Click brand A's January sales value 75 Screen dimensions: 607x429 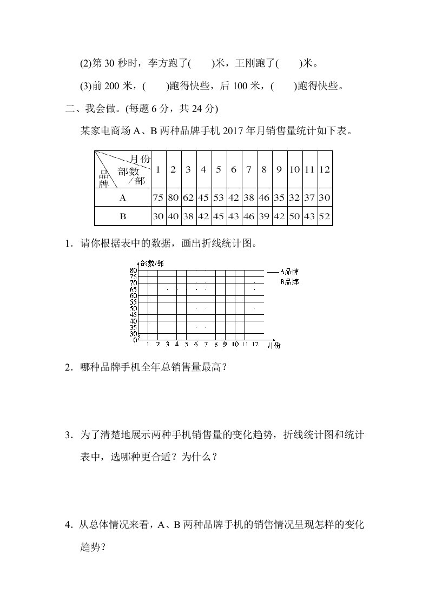pos(157,198)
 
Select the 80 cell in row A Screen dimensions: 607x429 pos(173,198)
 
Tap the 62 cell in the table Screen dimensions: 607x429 pos(188,198)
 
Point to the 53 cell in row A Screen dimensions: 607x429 pos(218,198)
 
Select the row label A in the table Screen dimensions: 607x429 pos(122,198)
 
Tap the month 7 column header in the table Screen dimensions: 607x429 pos(248,169)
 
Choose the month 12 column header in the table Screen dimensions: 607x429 pos(324,169)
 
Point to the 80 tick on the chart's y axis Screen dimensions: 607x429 pos(133,270)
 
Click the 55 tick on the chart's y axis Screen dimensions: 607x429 pos(133,302)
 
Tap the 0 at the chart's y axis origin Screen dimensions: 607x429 pos(135,340)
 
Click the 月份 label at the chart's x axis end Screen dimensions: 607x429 pos(274,345)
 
